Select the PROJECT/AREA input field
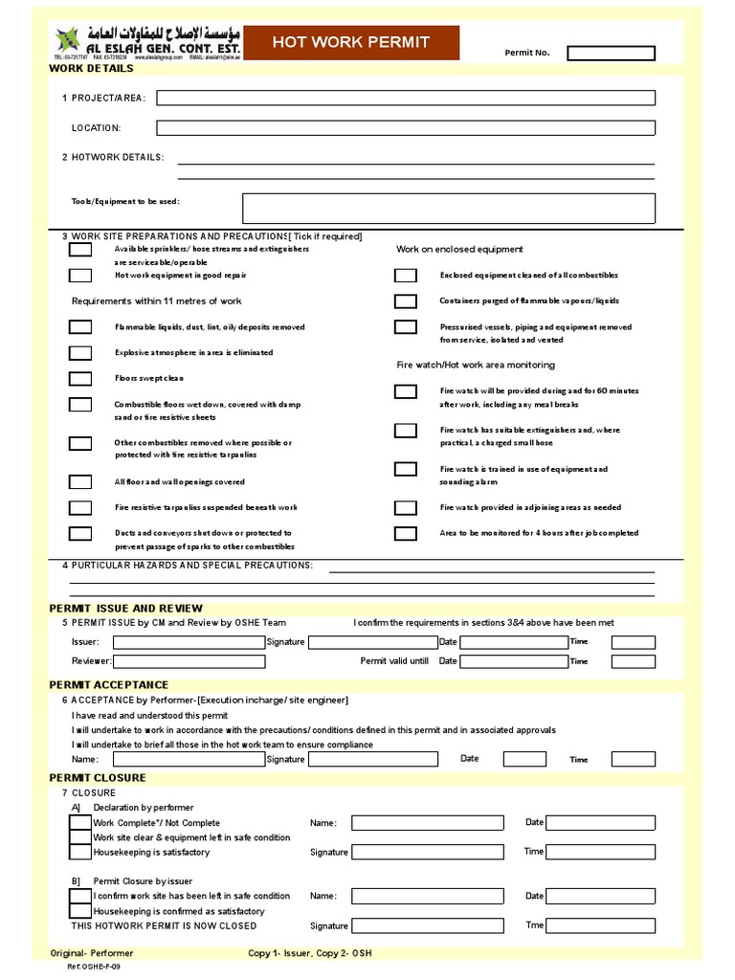[406, 98]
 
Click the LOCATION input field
[406, 127]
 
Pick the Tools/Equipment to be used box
[449, 208]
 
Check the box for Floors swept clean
[80, 378]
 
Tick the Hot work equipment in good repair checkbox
[80, 276]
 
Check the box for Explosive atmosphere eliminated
[80, 352]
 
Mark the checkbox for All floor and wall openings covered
[80, 481]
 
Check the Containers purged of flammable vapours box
[406, 301]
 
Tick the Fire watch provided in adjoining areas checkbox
[406, 507]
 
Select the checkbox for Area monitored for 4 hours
[406, 533]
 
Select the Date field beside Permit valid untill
[513, 661]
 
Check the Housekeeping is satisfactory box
[80, 853]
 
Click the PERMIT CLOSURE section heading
[97, 778]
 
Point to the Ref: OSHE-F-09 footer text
[94, 967]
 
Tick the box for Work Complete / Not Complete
[80, 823]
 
